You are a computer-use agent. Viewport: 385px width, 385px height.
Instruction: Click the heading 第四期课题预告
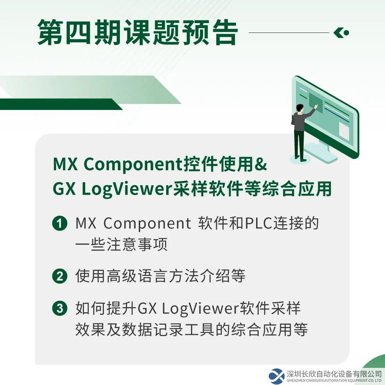coord(137,33)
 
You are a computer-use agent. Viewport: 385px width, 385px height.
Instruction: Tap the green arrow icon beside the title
coord(341,33)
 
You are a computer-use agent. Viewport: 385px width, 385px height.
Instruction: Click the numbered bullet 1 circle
coord(60,223)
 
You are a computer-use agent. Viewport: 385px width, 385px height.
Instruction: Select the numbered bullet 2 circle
coord(60,276)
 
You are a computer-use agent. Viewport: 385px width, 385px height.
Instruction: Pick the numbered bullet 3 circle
coord(60,308)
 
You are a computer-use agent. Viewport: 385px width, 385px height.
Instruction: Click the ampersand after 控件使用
coord(261,164)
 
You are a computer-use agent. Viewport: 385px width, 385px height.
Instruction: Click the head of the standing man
coord(300,108)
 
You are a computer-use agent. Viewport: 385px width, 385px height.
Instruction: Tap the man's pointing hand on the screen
coord(316,107)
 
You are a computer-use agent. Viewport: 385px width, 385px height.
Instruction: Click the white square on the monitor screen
coord(344,131)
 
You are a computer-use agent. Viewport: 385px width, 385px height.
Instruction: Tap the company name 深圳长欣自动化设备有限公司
coord(334,374)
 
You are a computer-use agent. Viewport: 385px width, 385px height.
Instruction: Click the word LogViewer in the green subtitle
coord(126,190)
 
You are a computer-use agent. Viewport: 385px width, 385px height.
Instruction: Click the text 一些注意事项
coord(122,244)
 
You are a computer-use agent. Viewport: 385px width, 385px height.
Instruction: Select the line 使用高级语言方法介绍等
coord(160,276)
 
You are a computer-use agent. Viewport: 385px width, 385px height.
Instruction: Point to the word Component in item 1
coord(147,224)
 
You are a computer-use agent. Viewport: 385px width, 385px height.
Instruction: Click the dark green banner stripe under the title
coord(61,104)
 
